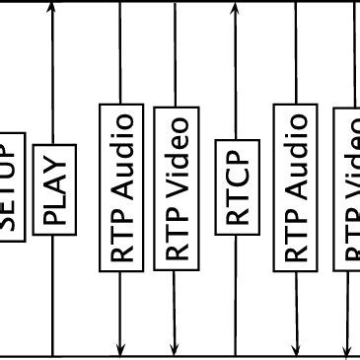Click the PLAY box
[54, 189]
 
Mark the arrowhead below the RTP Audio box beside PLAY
[121, 346]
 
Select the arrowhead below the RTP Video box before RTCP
[176, 346]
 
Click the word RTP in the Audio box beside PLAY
[121, 241]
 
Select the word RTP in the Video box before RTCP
[176, 241]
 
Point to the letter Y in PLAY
[54, 160]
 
